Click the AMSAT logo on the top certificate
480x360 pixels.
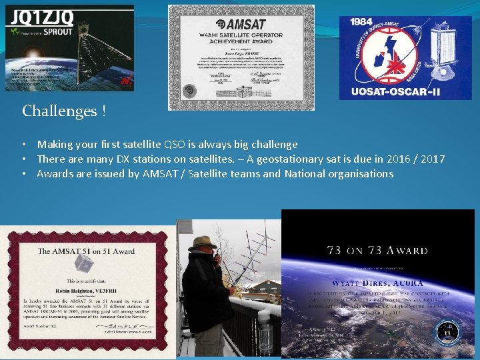(x=241, y=23)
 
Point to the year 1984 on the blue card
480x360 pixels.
(x=361, y=23)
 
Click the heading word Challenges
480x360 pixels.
(x=61, y=111)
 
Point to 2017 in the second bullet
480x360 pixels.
(x=430, y=159)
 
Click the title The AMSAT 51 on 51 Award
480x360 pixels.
(x=85, y=251)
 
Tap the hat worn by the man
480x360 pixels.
(x=201, y=243)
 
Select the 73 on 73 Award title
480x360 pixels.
(x=377, y=251)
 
